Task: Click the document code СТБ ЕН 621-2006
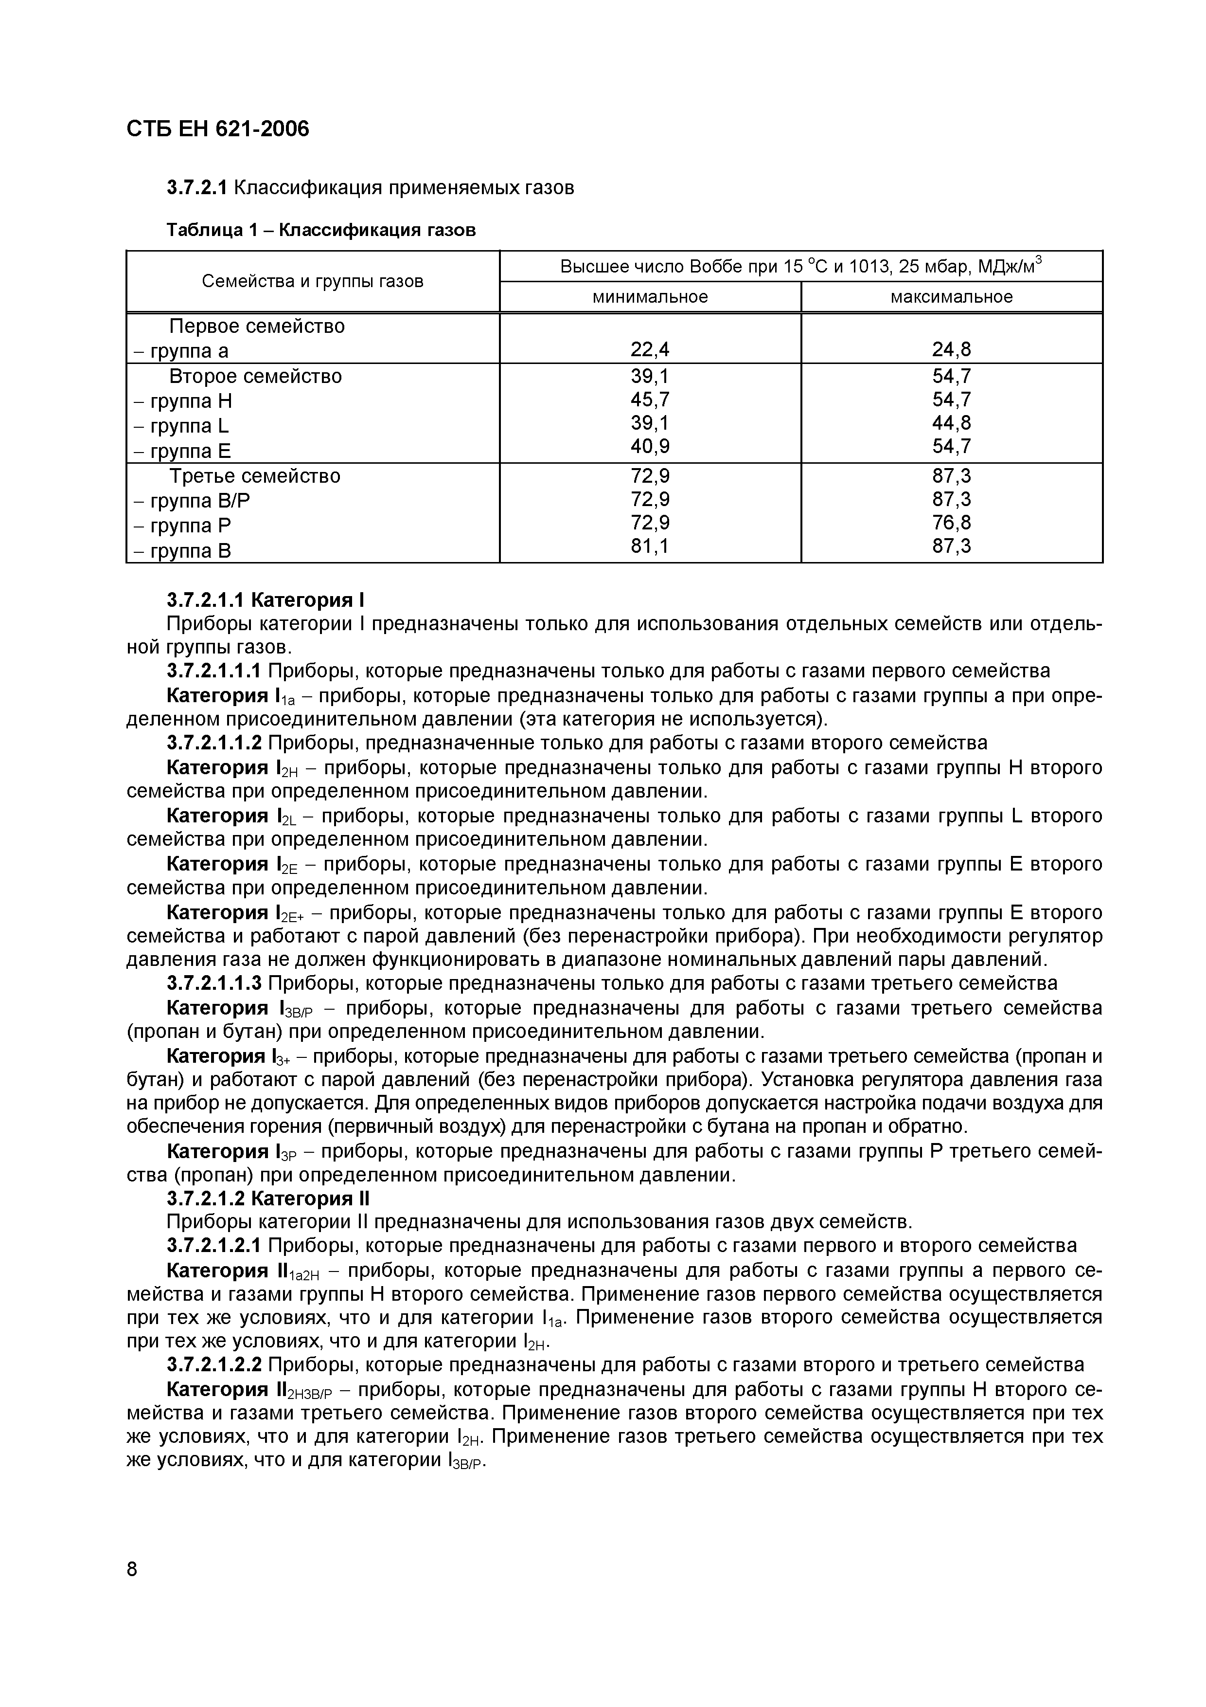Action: point(218,129)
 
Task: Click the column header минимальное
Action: point(650,297)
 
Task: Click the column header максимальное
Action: point(951,297)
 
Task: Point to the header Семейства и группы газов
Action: point(313,281)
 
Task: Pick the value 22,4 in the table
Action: point(650,349)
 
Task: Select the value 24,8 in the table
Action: point(951,349)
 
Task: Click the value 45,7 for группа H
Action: point(650,400)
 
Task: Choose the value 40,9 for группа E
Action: point(650,447)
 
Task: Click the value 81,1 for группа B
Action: point(650,546)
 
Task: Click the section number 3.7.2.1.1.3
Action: point(214,983)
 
